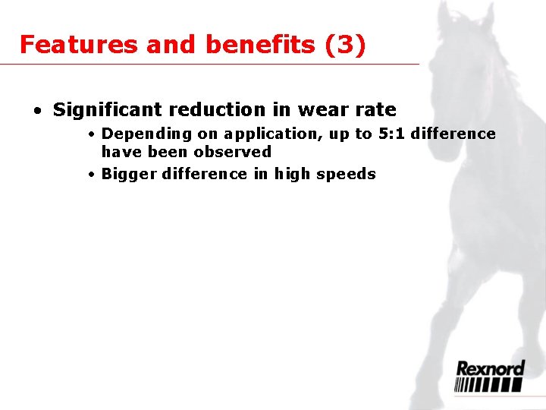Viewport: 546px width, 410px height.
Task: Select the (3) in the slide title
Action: (x=344, y=45)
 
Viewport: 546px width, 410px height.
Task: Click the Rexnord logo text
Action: (x=489, y=369)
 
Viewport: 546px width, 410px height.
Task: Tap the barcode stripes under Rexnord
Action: (x=489, y=385)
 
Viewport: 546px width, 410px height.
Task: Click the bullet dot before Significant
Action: (x=37, y=111)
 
